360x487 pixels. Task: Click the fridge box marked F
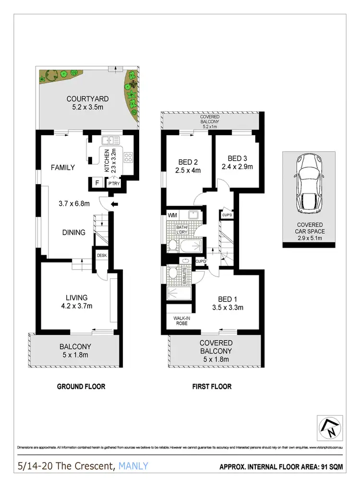click(97, 183)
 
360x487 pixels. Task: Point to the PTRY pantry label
click(114, 183)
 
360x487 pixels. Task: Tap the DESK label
click(102, 255)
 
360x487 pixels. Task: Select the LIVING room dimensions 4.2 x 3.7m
click(75, 306)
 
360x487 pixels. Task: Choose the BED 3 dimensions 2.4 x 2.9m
click(237, 167)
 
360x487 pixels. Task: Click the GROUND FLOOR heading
click(81, 386)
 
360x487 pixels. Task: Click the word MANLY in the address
click(132, 465)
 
